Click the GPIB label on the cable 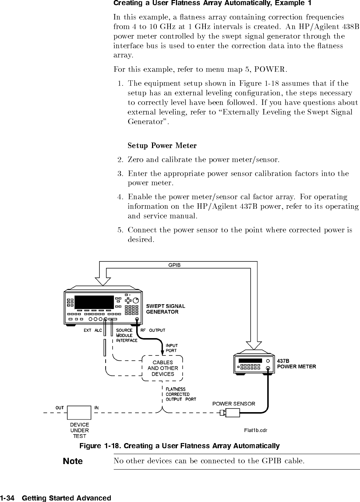pos(174,265)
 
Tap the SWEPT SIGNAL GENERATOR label pos(166,309)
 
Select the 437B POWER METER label pos(296,364)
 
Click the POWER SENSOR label pos(234,404)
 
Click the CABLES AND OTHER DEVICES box pos(163,368)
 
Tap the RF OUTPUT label pos(153,330)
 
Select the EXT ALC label pos(93,330)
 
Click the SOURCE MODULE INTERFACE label pos(127,335)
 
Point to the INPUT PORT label pos(172,348)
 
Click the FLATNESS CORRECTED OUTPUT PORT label pos(181,394)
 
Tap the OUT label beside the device pos(60,408)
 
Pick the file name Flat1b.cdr pos(255,430)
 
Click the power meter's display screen pos(250,361)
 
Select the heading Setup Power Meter pos(162,145)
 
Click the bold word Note pos(73,461)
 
